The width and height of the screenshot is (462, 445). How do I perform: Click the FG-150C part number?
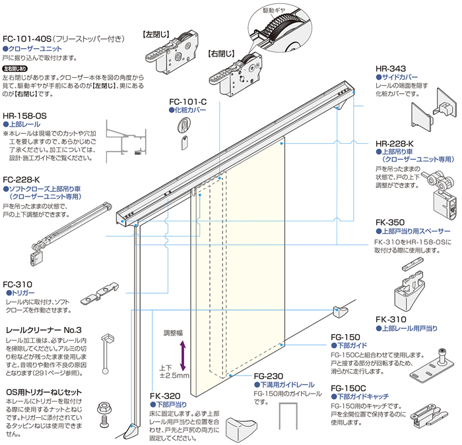[x=350, y=389]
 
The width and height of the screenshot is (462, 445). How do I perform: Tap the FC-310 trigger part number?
[x=17, y=283]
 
